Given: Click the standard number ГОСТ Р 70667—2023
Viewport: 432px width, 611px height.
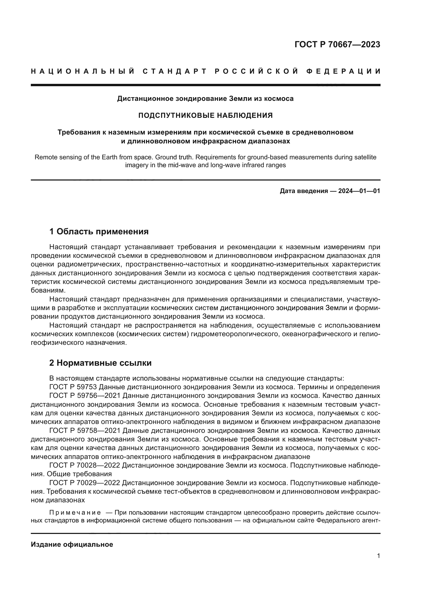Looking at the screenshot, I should [x=337, y=44].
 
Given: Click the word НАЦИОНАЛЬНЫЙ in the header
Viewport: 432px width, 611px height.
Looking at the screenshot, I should [x=83, y=71].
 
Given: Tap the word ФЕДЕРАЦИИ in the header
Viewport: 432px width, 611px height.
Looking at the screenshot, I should [x=343, y=71].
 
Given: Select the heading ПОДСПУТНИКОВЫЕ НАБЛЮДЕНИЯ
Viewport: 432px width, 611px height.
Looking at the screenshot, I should [x=205, y=115].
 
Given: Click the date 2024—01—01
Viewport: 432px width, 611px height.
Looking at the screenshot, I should [x=359, y=191].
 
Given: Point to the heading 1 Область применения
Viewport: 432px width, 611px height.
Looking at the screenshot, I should [x=99, y=231].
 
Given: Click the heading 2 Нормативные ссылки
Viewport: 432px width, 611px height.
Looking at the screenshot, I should [x=100, y=363].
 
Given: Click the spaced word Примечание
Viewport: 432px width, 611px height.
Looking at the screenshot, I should [x=75, y=513].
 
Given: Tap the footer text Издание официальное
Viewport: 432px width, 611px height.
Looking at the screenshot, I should [x=72, y=544].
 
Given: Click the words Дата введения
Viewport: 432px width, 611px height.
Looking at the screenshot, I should [x=303, y=191].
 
